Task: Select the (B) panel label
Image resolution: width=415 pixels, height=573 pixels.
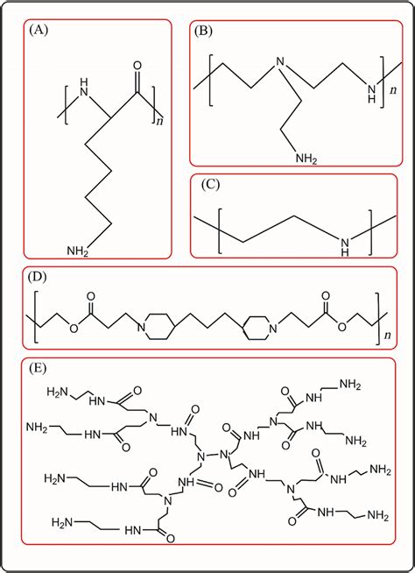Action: click(204, 32)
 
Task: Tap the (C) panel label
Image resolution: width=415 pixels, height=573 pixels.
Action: click(210, 186)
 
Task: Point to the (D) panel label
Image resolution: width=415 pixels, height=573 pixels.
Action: click(39, 277)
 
